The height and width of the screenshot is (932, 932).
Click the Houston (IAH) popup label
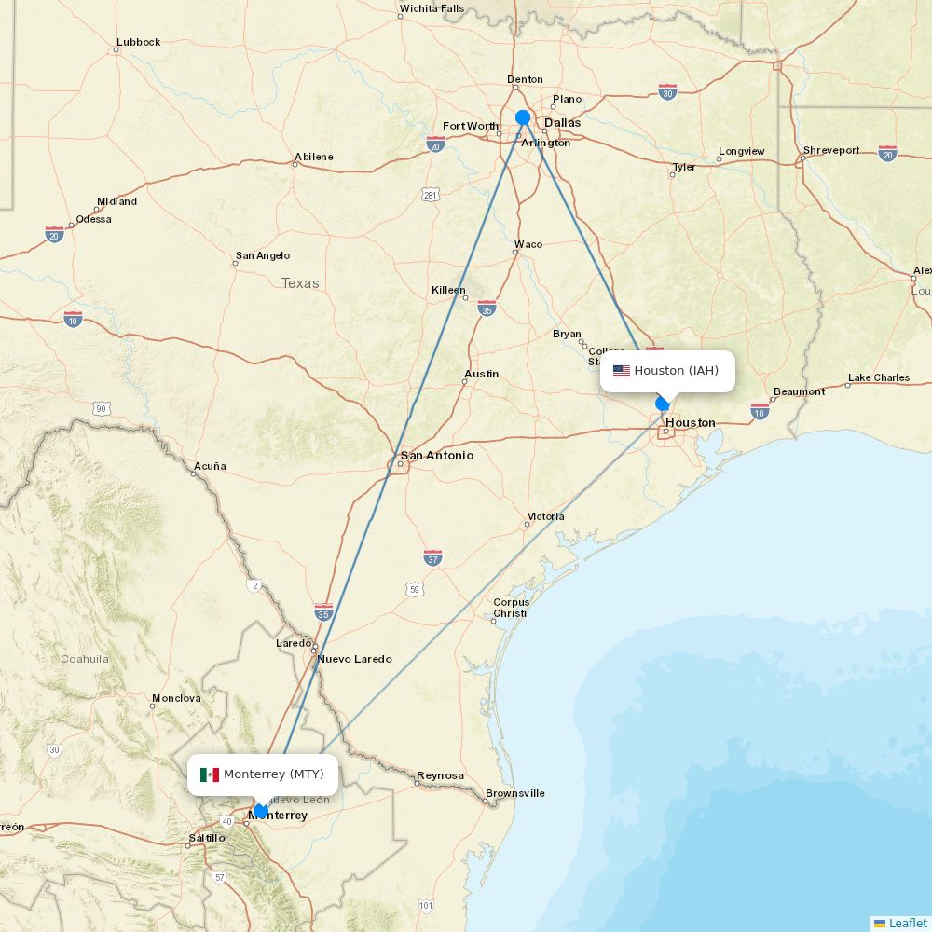(x=676, y=371)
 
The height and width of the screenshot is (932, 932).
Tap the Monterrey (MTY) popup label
(x=273, y=774)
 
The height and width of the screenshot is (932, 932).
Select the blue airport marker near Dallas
(x=523, y=117)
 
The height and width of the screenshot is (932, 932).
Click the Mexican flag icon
(x=210, y=774)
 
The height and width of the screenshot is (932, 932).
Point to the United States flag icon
(x=622, y=371)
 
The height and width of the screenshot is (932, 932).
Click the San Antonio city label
(x=436, y=456)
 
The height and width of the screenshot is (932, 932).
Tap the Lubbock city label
(x=138, y=42)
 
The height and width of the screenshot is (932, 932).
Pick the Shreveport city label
(x=831, y=149)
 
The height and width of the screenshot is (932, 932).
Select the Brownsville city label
(x=515, y=793)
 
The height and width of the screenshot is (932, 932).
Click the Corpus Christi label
(x=511, y=608)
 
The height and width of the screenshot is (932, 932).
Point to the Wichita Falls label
(x=432, y=9)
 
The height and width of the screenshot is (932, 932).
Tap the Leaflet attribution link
(x=907, y=923)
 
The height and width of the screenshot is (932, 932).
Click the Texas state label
(x=300, y=283)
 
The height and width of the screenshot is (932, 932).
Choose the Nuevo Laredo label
(x=354, y=659)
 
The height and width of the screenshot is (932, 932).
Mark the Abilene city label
(x=313, y=157)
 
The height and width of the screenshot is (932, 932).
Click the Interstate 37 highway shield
(x=432, y=557)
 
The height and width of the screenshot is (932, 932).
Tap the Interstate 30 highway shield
(x=667, y=90)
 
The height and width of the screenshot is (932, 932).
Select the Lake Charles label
(x=878, y=377)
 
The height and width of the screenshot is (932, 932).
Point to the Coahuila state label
(x=85, y=659)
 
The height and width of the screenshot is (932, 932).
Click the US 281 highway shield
(x=430, y=194)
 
